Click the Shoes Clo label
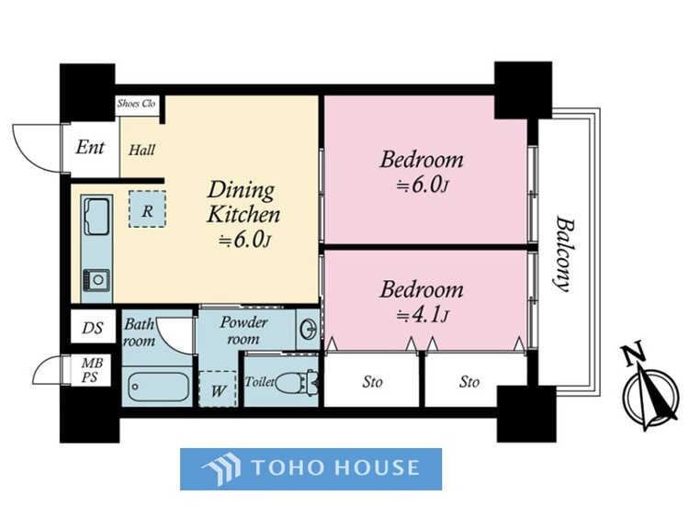click(x=136, y=104)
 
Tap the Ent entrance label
click(x=90, y=148)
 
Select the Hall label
click(x=141, y=150)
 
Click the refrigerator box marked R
click(x=147, y=208)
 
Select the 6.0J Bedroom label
click(x=422, y=172)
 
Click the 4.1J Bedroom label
click(x=422, y=302)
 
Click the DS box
click(x=93, y=327)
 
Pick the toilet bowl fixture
click(x=296, y=381)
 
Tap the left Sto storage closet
click(x=371, y=381)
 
